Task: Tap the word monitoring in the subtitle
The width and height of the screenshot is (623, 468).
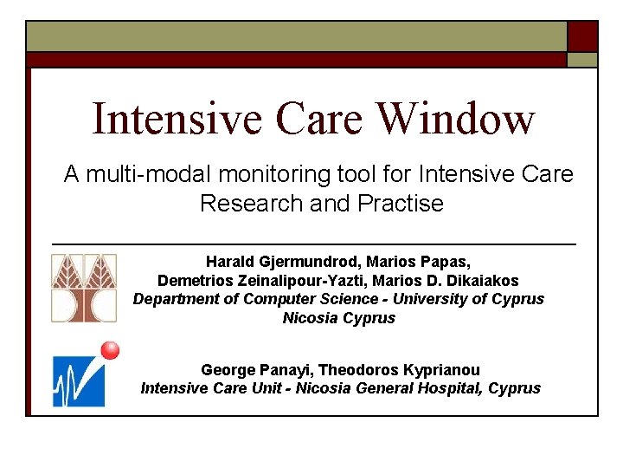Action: pos(270,174)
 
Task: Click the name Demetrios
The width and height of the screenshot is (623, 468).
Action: pos(193,280)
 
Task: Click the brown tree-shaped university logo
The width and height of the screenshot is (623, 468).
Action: pos(83,288)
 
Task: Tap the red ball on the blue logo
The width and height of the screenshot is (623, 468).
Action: pos(110,350)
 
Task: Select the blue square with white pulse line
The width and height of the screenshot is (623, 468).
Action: pos(78,380)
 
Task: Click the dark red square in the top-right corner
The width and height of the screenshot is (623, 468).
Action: pos(581,36)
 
